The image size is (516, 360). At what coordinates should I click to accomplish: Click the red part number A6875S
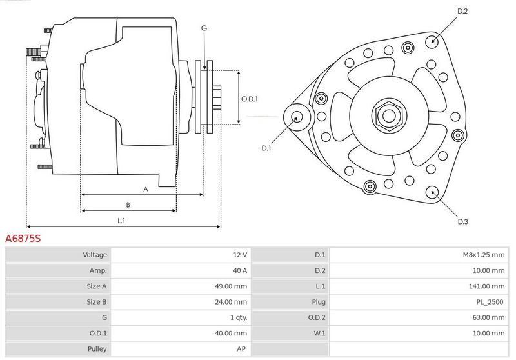point(23,238)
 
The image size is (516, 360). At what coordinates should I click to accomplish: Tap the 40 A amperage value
point(240,270)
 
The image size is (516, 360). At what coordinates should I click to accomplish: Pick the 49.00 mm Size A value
point(231,286)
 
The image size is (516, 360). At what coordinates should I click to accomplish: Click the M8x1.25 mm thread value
point(483,255)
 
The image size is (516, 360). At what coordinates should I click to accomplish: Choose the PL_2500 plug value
point(490,302)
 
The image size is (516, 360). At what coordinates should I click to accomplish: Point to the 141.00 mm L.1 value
point(486,286)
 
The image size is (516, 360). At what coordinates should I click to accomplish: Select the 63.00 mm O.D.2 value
point(488,317)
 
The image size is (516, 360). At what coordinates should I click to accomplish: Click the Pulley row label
point(97,349)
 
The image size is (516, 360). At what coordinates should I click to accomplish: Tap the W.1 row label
point(319,334)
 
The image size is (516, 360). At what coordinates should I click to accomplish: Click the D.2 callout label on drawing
point(462,11)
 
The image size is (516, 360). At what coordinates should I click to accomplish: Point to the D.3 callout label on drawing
point(462,221)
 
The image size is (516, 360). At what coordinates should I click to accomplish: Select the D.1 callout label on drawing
point(266,148)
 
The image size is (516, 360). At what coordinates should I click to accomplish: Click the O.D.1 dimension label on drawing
point(250,99)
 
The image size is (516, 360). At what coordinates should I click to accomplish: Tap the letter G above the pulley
point(204,28)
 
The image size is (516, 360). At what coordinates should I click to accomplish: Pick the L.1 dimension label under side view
point(121,221)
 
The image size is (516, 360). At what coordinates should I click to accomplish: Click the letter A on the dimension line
point(146,190)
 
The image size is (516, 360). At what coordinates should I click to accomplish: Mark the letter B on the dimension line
point(128,205)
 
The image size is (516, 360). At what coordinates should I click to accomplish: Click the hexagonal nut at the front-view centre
point(390,115)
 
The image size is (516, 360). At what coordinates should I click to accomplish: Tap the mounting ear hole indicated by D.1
point(297,117)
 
